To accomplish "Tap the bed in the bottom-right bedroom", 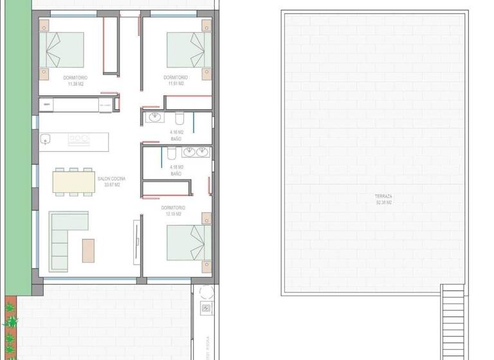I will click(x=188, y=242).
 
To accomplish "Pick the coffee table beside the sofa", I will click(x=88, y=250).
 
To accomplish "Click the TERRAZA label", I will click(x=383, y=196).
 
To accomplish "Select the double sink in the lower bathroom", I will click(x=195, y=152).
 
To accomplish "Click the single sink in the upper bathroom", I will click(x=155, y=117).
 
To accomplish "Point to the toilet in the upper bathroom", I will click(x=180, y=118).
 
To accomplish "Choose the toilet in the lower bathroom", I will click(x=171, y=153).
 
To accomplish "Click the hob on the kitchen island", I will click(x=78, y=138).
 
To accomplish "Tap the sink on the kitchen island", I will click(x=45, y=139).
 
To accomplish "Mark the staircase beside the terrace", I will click(x=453, y=321).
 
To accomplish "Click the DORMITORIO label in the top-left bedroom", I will click(x=75, y=78).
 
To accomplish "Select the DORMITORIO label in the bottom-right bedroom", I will click(x=173, y=208).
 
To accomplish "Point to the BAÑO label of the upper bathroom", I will click(x=176, y=139).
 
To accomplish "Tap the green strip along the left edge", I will click(x=17, y=141).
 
